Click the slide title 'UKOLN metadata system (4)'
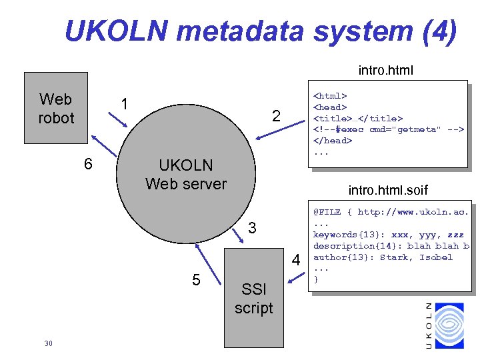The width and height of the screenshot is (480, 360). [x=261, y=31]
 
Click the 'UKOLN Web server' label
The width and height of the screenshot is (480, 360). [x=185, y=174]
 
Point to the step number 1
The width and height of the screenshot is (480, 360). [x=124, y=104]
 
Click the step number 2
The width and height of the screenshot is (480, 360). [x=275, y=116]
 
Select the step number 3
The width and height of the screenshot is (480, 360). [x=251, y=229]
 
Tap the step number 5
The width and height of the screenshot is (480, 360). [x=196, y=279]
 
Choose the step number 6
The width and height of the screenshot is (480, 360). [x=87, y=164]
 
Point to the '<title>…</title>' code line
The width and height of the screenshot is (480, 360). [x=358, y=118]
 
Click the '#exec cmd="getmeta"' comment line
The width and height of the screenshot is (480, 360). [x=388, y=129]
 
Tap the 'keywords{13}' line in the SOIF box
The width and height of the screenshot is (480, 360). [x=388, y=235]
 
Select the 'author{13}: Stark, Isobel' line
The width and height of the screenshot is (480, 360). [x=383, y=257]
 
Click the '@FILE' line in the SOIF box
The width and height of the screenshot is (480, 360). [x=391, y=212]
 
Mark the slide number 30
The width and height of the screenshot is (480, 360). [x=48, y=343]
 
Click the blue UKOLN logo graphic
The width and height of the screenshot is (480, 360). [x=449, y=325]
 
